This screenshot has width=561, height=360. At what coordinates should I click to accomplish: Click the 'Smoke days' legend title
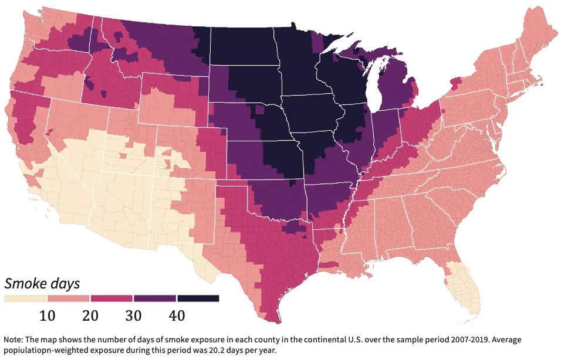point(42,284)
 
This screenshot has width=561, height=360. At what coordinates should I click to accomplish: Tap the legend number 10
point(48,316)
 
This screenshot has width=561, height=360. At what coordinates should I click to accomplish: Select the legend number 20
point(90,316)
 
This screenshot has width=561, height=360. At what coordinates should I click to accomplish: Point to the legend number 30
point(133,316)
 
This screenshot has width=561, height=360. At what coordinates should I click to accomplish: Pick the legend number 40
point(177,316)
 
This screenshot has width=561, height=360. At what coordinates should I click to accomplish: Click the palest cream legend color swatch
point(25,298)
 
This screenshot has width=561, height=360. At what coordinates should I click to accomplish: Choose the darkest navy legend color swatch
point(198,298)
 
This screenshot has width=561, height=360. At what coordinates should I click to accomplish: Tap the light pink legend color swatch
point(69,298)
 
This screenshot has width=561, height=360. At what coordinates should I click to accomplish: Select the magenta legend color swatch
point(111,298)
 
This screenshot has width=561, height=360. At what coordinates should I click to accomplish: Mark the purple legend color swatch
point(155,298)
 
